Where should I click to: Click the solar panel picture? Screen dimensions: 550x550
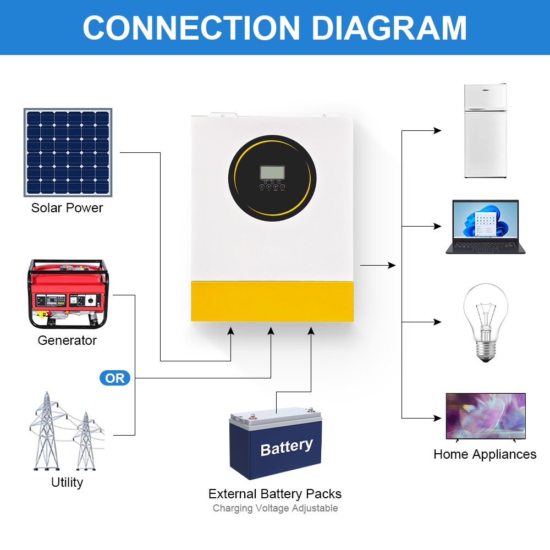pos(68,152)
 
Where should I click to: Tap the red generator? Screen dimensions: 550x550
pos(68,295)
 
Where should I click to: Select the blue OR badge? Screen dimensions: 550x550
pos(115,378)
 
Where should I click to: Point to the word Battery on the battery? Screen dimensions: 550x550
pos(287,447)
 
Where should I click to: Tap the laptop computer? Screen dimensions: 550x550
pos(485,227)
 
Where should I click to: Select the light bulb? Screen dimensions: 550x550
pos(485,322)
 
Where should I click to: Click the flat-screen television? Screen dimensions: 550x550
pos(485,416)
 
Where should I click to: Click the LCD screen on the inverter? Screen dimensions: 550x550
pos(272,172)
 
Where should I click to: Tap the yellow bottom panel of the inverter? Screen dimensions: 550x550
pos(272,301)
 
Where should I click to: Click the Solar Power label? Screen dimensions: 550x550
pos(67,208)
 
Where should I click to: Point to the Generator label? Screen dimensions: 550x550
pos(67,340)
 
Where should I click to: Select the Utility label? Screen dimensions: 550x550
pos(67,482)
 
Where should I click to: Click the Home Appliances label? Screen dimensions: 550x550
pos(485,454)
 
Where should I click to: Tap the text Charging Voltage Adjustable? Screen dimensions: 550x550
pos(275,508)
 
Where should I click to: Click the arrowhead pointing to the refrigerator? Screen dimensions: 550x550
pos(438,131)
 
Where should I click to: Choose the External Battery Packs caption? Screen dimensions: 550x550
pos(275,493)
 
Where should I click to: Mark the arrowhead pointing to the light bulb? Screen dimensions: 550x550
pos(438,322)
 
